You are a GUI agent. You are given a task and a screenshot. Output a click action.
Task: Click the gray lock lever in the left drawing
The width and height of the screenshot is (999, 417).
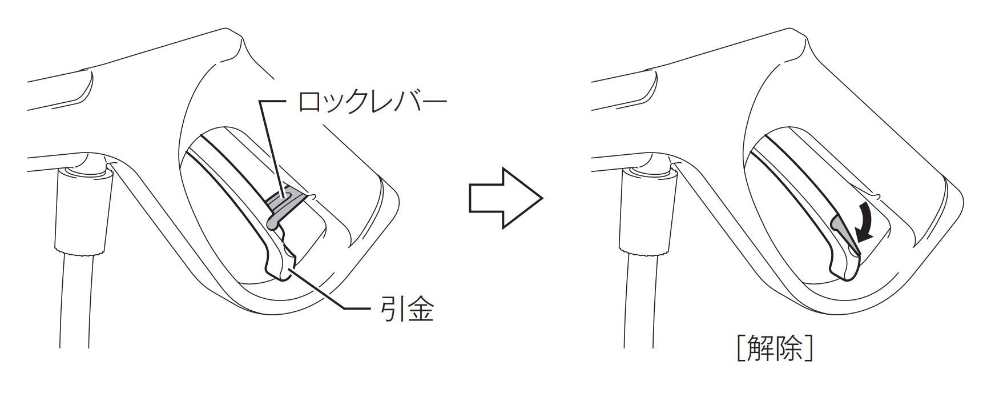coord(284,203)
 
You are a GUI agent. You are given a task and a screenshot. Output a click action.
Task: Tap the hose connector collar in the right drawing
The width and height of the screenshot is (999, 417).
coord(648,211)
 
